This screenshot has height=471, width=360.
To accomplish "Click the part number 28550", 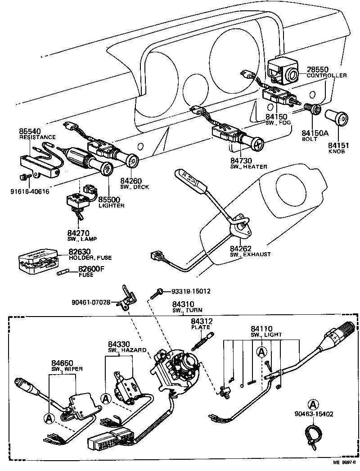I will coord(318,69).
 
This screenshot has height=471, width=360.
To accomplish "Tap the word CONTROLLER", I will coord(327,76).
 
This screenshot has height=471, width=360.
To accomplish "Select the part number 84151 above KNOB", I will coord(338,146).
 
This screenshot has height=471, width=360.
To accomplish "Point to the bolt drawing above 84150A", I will coord(311,109).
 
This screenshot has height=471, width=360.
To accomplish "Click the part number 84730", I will coord(241,161).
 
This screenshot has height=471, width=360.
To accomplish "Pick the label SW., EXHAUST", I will coord(250,254).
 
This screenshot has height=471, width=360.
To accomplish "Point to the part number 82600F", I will coord(91,269).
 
